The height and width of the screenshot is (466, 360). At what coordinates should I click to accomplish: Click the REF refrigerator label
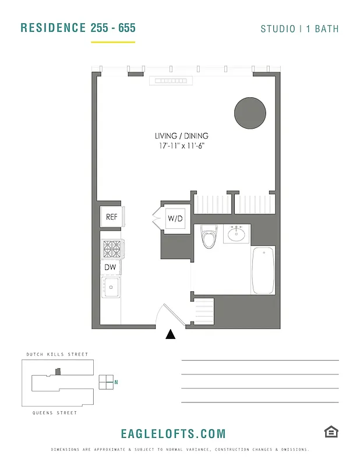tap(111, 217)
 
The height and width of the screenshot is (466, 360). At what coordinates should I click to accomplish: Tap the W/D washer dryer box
tap(175, 219)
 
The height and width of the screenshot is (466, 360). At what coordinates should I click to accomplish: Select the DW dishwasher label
tap(110, 267)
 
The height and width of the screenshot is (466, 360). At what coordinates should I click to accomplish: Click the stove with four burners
tap(111, 249)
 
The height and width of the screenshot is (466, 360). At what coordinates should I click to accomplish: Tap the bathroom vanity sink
tap(237, 234)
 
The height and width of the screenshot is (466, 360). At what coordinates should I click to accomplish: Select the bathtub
tap(263, 271)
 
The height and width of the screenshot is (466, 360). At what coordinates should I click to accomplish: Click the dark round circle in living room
tap(250, 113)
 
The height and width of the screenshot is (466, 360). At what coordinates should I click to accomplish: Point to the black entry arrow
tap(171, 334)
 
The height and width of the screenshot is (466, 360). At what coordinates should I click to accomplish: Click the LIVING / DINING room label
tap(182, 136)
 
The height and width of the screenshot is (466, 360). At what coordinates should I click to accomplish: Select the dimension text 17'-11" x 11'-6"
tap(182, 146)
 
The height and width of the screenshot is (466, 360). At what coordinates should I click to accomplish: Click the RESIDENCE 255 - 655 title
tap(78, 28)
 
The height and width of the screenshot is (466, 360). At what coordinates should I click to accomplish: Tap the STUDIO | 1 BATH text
tap(299, 29)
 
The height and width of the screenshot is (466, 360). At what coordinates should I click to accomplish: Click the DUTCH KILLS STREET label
tap(57, 354)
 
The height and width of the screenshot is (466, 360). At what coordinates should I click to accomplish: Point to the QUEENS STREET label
tap(55, 413)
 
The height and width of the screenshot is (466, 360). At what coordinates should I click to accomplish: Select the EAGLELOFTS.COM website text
tap(173, 434)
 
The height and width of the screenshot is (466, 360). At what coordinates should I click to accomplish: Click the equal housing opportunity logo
tap(331, 432)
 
